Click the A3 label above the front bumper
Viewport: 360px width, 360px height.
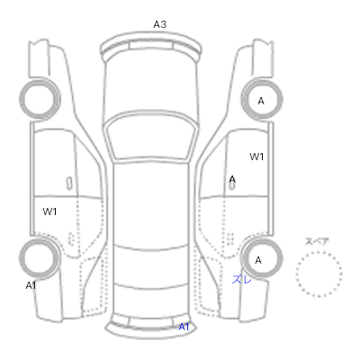160,24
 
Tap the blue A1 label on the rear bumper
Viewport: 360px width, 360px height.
184,327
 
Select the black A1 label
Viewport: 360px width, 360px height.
31,285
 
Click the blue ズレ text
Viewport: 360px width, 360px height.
242,280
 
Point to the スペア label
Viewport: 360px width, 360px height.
317,241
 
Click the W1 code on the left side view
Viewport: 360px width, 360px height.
49,211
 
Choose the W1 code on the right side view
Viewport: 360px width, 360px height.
256,157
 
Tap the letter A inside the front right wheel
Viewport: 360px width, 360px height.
261,101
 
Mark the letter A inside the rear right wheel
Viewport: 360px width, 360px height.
258,260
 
